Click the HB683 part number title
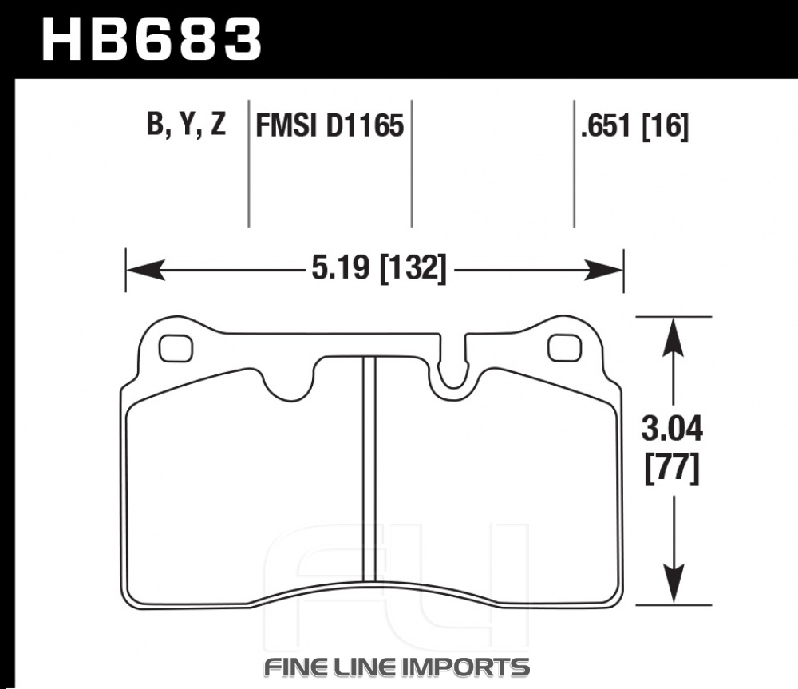[x=152, y=39]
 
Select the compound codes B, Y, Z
[x=186, y=124]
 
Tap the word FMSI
[x=286, y=125]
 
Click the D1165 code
[x=364, y=125]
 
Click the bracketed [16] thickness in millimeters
[x=666, y=126]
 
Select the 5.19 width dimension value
[x=341, y=267]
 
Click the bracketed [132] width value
[x=413, y=268]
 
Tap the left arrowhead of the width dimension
[x=145, y=269]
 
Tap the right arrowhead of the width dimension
[x=603, y=269]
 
